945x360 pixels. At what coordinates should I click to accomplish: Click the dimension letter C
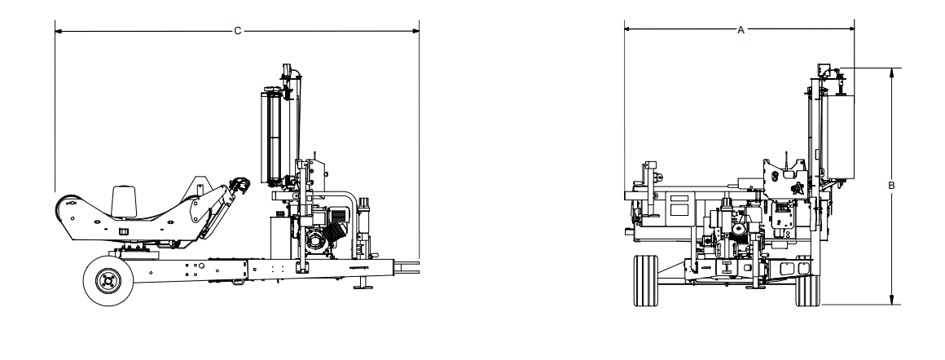[237, 31]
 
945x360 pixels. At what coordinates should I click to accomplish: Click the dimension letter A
[741, 29]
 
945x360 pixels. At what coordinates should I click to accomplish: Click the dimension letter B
[891, 186]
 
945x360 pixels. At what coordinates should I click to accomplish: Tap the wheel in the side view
[108, 280]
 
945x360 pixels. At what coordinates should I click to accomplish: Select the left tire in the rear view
[645, 280]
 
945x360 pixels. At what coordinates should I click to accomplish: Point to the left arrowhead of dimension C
[59, 31]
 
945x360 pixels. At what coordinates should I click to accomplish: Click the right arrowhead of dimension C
[415, 31]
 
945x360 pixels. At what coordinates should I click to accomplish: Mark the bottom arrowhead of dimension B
[891, 300]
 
